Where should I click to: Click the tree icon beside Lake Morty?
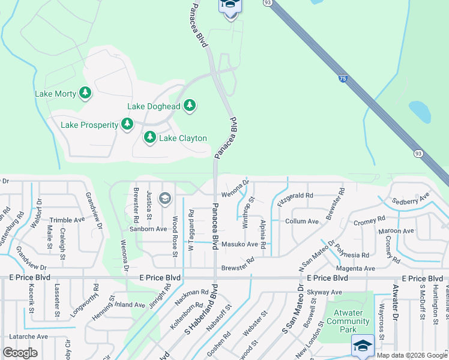(x=85, y=93)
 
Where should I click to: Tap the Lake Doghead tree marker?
(x=190, y=106)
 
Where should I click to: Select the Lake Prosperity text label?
(x=89, y=125)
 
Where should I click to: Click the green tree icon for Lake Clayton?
(x=149, y=138)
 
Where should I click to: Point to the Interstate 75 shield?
(x=343, y=78)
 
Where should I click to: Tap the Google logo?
(x=20, y=353)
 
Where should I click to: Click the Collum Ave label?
(x=302, y=221)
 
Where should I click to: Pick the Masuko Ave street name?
(x=240, y=244)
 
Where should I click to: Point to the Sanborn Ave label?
(x=148, y=229)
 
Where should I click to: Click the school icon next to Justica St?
(x=165, y=198)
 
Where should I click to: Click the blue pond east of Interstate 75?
(x=420, y=111)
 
